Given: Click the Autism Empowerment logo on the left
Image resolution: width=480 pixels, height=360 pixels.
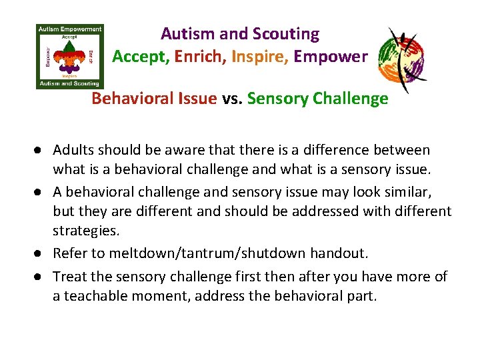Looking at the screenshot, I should (x=69, y=56).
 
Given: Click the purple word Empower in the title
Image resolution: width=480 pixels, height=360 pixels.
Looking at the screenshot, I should (x=331, y=57).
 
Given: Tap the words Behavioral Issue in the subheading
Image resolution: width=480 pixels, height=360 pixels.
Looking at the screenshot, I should (x=154, y=99).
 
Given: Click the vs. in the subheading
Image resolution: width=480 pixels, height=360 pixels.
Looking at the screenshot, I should (x=232, y=99).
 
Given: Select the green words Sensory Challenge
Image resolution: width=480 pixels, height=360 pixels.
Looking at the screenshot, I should (x=318, y=99).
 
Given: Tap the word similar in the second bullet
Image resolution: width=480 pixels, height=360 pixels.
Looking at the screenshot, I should (x=409, y=192).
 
